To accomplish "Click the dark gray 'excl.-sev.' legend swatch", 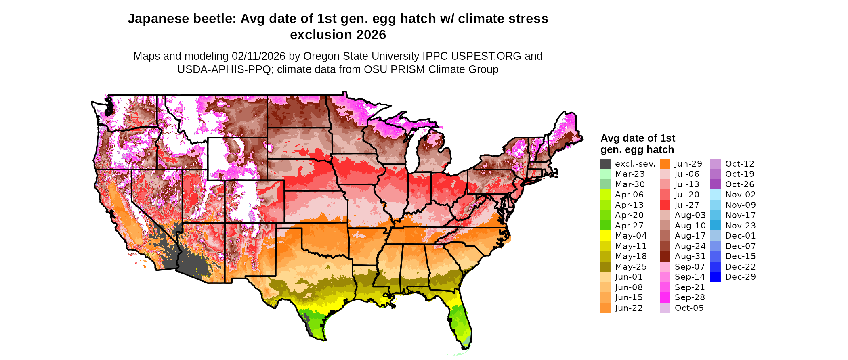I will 605,164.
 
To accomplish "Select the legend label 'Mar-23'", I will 630,174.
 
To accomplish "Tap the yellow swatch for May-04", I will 605,236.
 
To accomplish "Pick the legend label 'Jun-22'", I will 629,308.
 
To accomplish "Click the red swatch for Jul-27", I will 665,205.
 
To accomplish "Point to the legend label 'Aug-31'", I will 690,256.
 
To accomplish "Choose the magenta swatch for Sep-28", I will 665,297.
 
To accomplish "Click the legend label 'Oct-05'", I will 689,308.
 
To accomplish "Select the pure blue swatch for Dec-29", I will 715,277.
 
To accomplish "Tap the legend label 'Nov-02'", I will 740,195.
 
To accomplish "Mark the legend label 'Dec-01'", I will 740,236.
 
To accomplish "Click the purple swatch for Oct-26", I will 715,184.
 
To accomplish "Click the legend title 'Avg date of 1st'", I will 638,138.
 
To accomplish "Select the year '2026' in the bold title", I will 371,35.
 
